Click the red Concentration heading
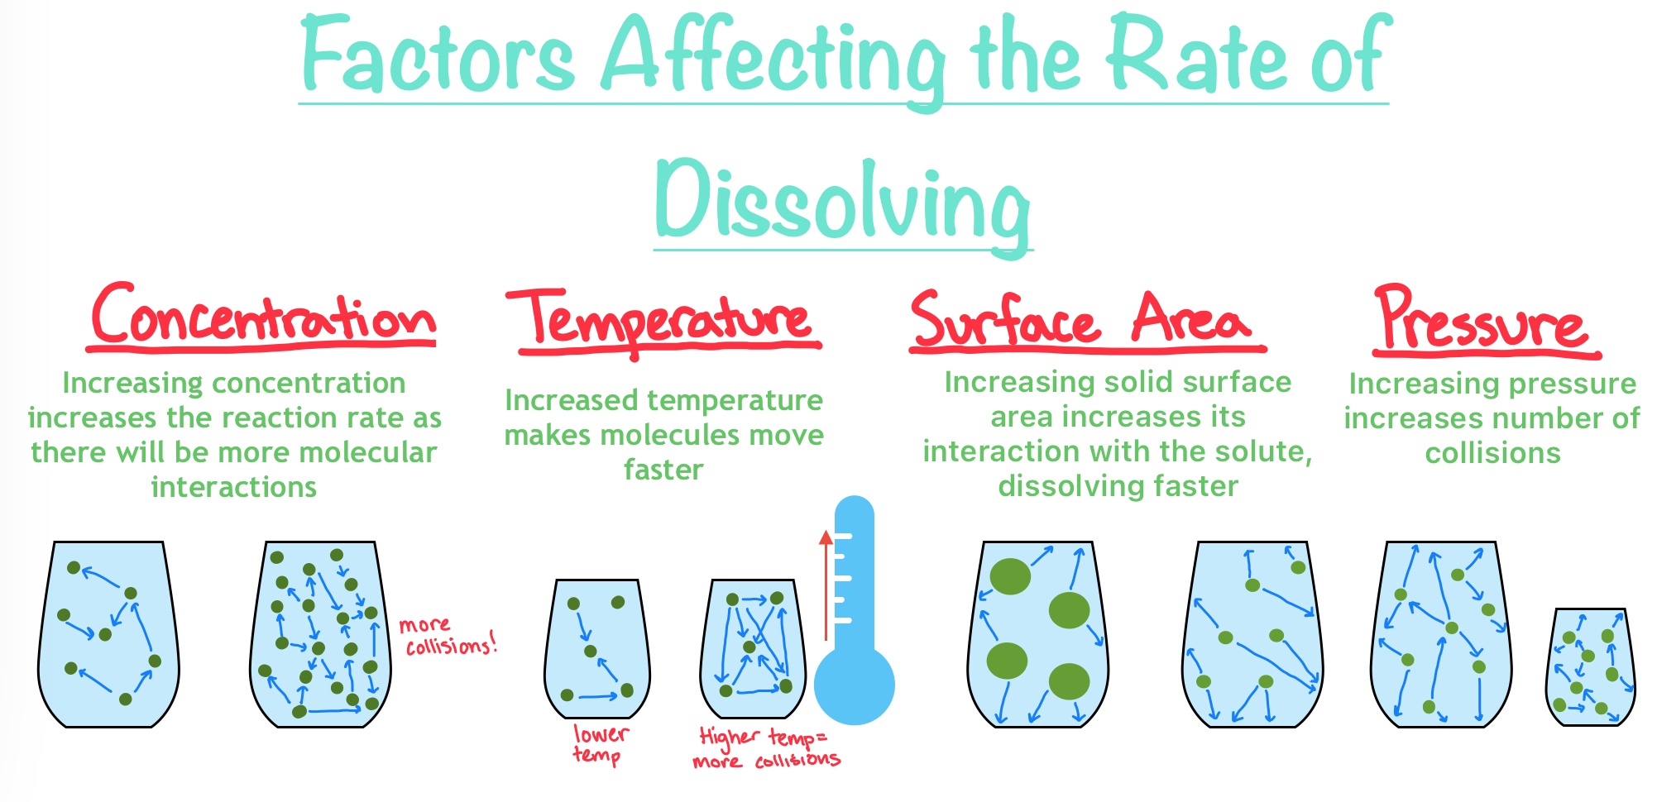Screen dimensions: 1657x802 pos(262,317)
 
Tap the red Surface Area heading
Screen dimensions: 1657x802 pos(1087,321)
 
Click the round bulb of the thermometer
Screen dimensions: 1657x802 pos(855,685)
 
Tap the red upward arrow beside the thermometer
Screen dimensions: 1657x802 pos(826,585)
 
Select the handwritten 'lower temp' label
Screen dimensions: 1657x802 pos(601,744)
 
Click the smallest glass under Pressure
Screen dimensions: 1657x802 pos(1591,666)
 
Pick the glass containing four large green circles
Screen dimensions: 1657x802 pos(1038,634)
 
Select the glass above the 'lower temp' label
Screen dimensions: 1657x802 pos(597,649)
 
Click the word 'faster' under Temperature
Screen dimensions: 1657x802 pos(663,470)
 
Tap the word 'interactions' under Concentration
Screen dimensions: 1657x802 pos(234,487)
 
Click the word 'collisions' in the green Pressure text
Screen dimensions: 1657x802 pos(1493,453)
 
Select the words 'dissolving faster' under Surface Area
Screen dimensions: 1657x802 pos(1118,486)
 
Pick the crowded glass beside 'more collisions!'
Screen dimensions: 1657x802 pos(320,634)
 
